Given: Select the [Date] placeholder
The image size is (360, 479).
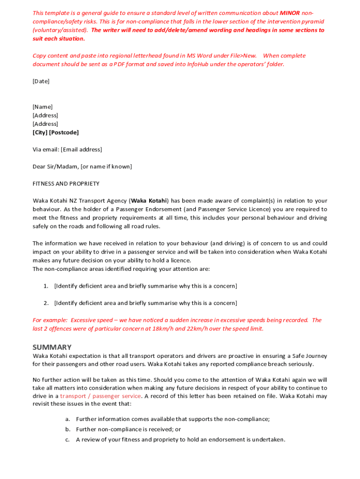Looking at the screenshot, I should [41, 81].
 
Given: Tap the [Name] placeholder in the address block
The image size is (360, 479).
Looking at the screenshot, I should [43, 107].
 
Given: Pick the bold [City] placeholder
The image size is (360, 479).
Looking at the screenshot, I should [40, 132].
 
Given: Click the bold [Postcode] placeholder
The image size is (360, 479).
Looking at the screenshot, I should [64, 132].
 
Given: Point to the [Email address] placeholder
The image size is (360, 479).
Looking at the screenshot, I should [81, 150].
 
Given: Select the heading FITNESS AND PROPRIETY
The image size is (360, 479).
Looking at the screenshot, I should [66, 184].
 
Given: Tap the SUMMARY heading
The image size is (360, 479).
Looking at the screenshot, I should [52, 347].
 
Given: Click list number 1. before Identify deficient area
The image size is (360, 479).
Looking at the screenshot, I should [46, 286].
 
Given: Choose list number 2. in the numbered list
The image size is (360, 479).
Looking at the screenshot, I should [46, 303].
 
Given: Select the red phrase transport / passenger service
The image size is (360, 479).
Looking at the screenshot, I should [101, 396].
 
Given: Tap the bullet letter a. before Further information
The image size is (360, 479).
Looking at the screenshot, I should [68, 419].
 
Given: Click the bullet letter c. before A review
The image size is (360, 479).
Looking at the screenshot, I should [68, 440].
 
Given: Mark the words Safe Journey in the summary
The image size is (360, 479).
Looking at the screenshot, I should [310, 356].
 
